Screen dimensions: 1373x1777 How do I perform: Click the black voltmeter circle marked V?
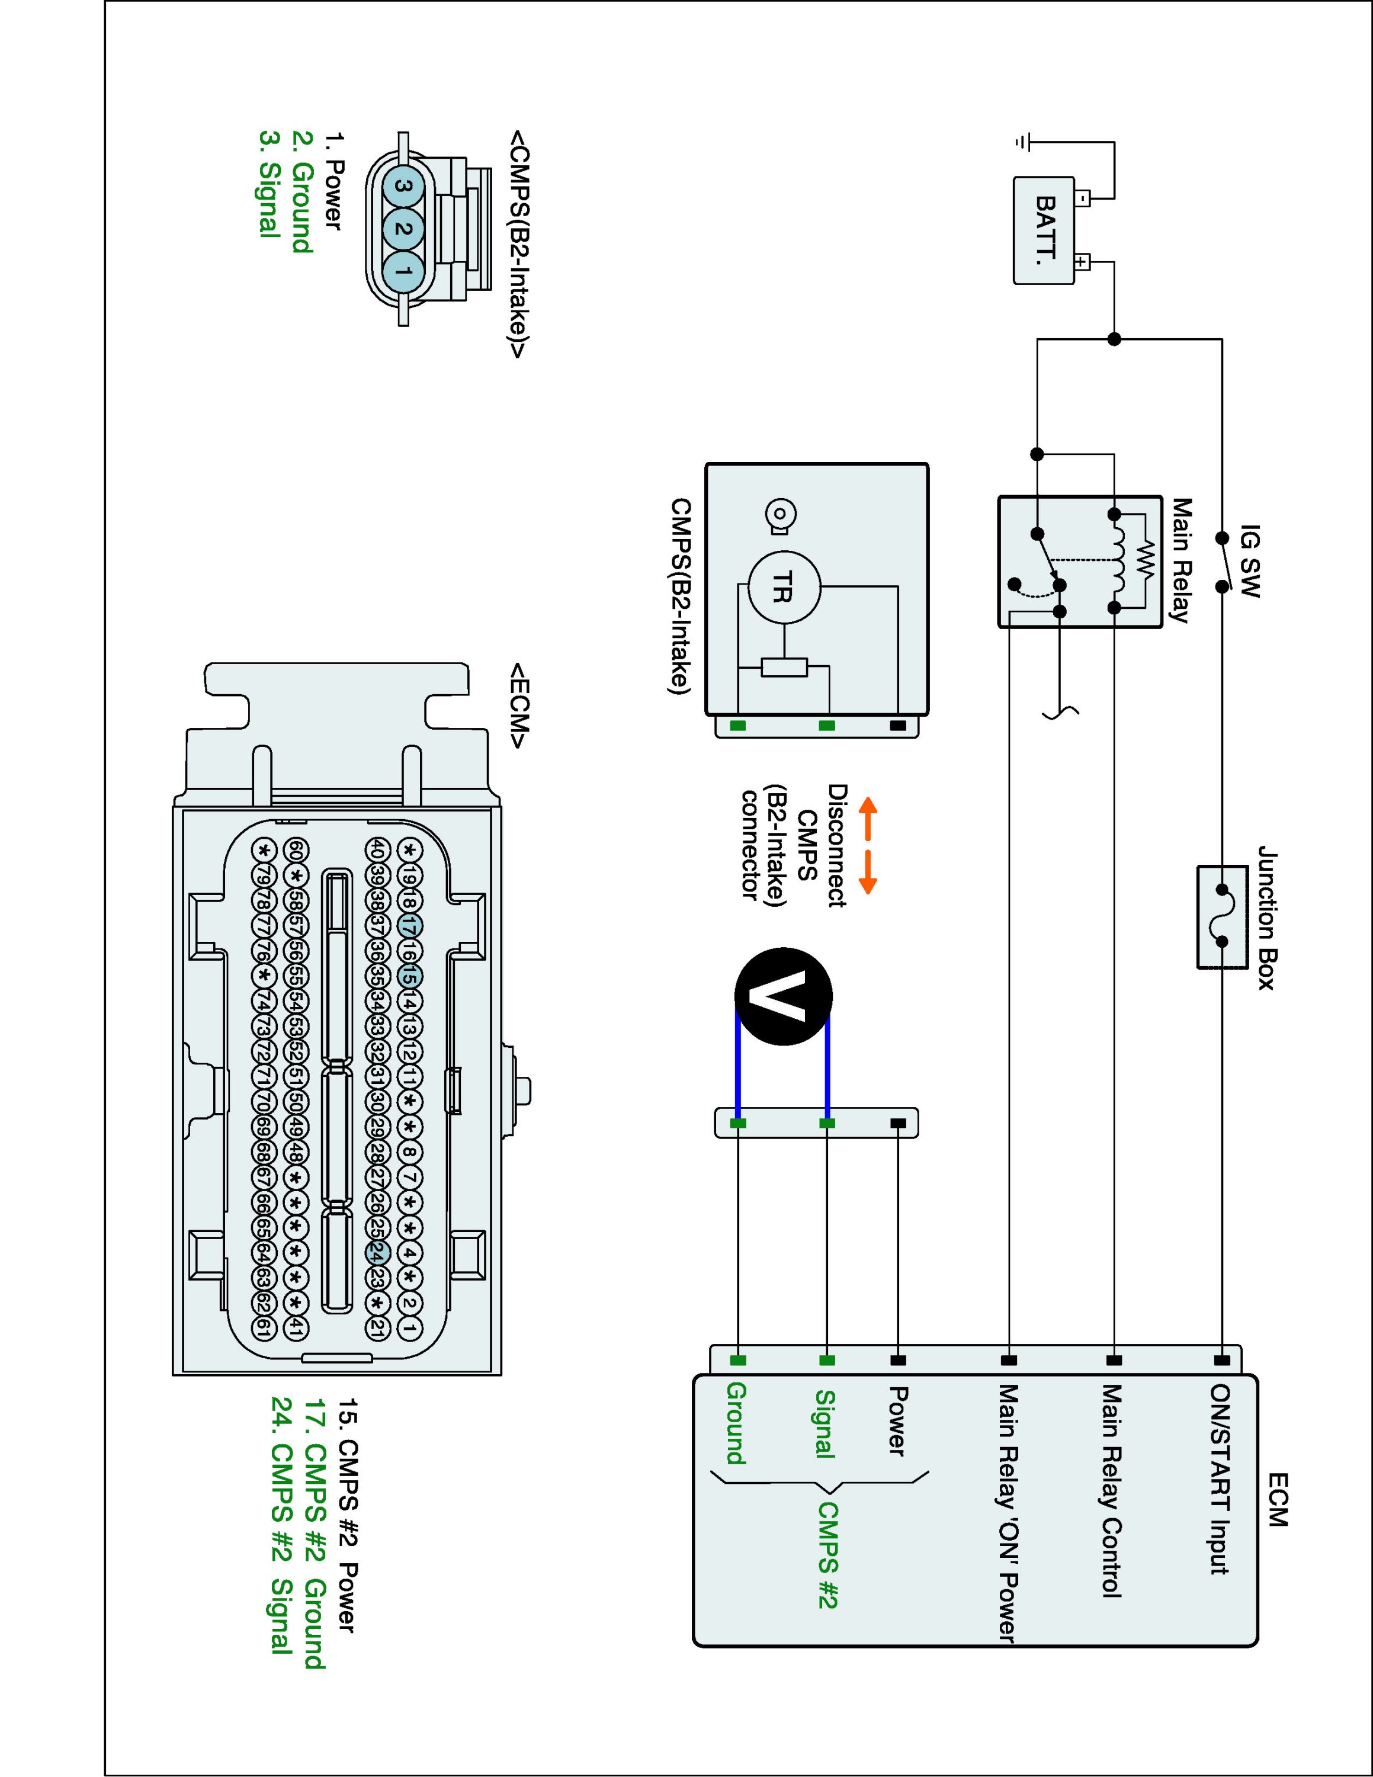coord(783,996)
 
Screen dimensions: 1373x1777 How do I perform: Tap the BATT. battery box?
coord(1044,231)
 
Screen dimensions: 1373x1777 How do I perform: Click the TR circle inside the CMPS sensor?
coord(783,588)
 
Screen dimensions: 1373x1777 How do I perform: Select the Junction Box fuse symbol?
coord(1223,917)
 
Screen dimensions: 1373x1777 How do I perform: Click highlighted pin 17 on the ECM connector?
coord(409,925)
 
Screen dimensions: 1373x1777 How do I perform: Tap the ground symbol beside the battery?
coord(1022,142)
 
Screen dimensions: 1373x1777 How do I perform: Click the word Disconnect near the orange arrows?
coord(837,845)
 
